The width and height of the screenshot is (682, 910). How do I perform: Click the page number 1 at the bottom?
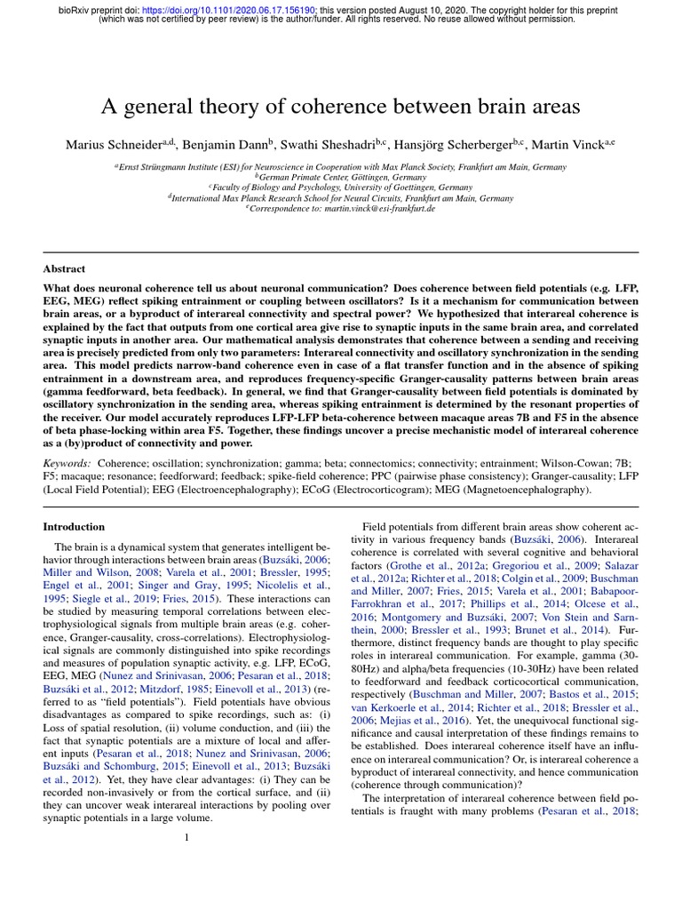pos(186,836)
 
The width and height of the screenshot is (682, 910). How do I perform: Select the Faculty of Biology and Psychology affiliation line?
pos(341,188)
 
